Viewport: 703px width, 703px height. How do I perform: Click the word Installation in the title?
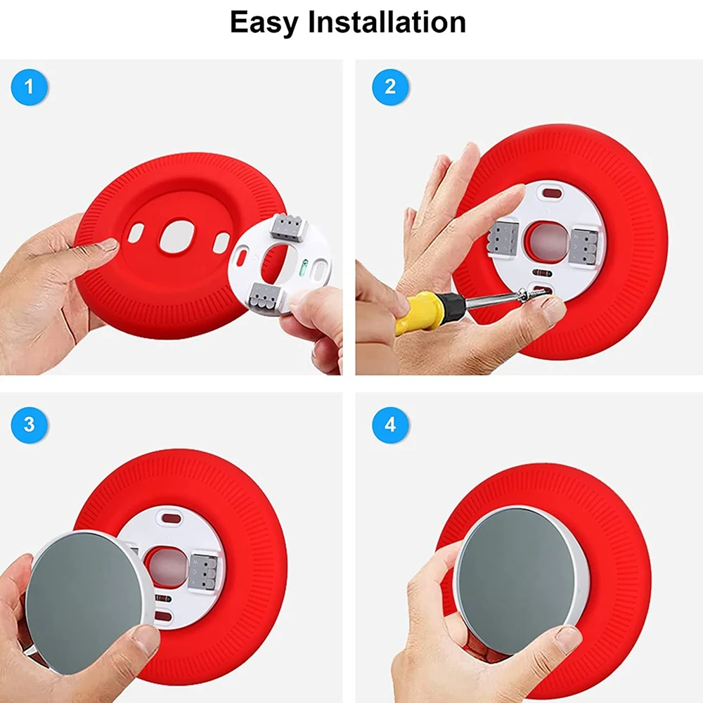386,22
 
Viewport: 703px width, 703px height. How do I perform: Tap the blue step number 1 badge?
29,88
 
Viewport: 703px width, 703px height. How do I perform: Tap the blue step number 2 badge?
390,88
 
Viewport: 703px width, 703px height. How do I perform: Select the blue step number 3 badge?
29,425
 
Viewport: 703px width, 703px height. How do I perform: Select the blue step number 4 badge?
390,425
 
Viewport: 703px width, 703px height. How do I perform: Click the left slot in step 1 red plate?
136,233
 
